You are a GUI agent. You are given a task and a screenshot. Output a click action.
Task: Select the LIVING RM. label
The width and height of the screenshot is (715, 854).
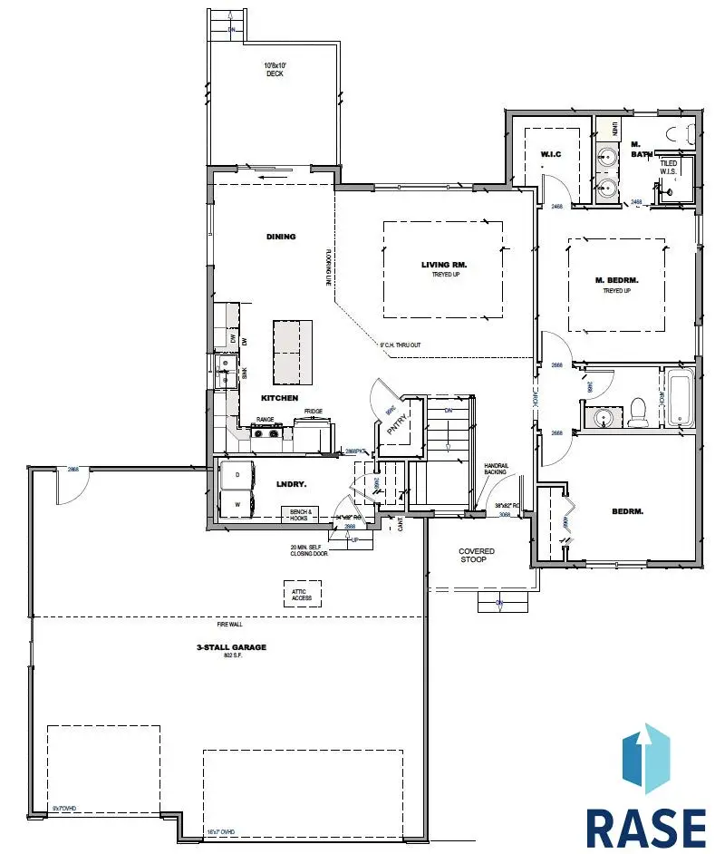(x=443, y=266)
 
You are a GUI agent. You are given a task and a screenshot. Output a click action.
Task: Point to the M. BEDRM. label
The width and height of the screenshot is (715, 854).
(x=618, y=281)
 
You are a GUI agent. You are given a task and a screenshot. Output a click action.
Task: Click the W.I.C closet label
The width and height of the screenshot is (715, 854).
(x=553, y=153)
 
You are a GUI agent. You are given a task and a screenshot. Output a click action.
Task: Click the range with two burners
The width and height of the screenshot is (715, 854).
(x=266, y=432)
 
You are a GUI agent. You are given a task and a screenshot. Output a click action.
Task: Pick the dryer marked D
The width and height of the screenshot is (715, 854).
(x=237, y=474)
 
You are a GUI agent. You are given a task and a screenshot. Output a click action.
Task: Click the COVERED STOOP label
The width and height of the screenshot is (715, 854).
(x=477, y=555)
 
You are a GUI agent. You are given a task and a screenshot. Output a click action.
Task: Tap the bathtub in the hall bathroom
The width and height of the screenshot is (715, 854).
(x=679, y=398)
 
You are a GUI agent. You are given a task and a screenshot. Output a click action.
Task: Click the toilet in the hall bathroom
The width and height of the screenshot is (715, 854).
(x=639, y=411)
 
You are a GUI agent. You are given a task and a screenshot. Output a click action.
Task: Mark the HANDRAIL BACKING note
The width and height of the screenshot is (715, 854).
(x=496, y=469)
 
